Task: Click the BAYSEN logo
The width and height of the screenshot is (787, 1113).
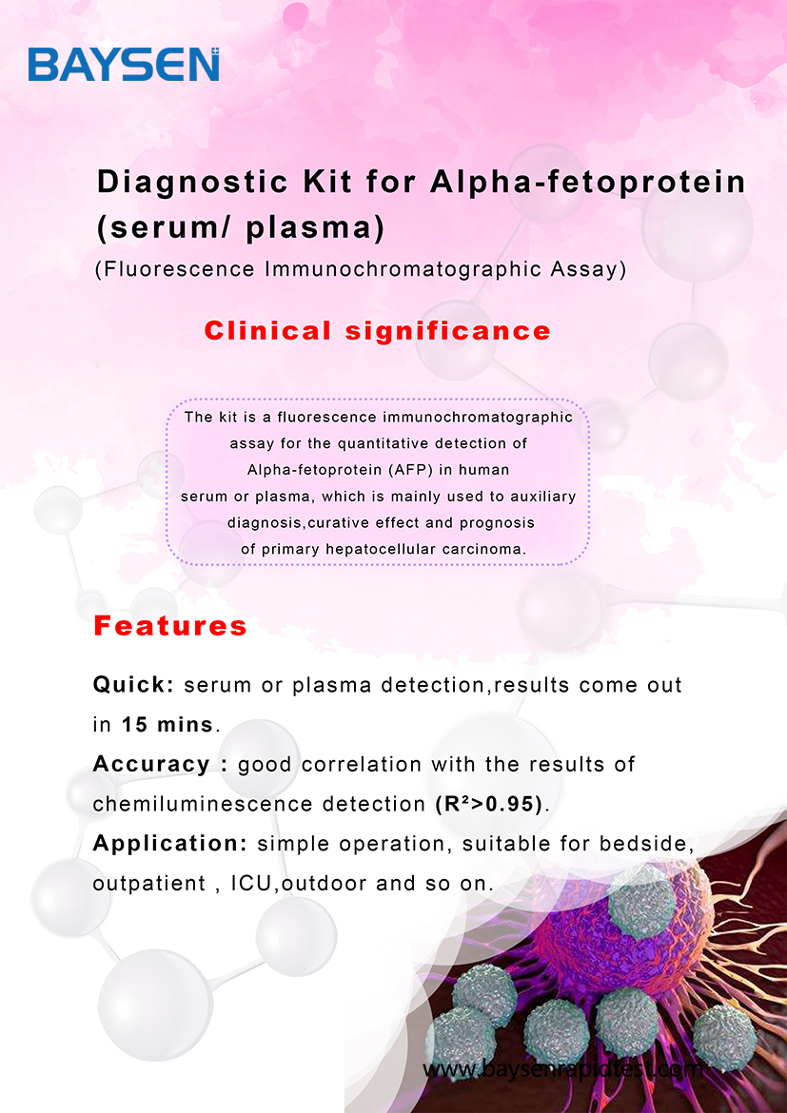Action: click(124, 65)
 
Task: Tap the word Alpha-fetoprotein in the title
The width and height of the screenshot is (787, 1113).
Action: click(588, 183)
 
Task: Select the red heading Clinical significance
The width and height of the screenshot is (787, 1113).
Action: click(377, 331)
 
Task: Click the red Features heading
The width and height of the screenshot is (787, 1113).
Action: click(170, 626)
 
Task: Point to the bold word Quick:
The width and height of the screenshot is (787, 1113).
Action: click(133, 685)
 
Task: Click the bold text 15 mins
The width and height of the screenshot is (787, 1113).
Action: click(167, 725)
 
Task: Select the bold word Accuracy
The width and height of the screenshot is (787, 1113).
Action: click(151, 765)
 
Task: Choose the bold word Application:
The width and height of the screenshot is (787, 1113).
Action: click(170, 844)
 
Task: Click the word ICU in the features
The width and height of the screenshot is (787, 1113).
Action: click(251, 884)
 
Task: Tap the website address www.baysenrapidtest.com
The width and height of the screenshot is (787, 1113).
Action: click(562, 1069)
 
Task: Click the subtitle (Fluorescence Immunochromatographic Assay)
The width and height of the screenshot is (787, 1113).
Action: click(361, 270)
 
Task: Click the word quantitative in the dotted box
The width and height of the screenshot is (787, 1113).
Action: click(379, 443)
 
